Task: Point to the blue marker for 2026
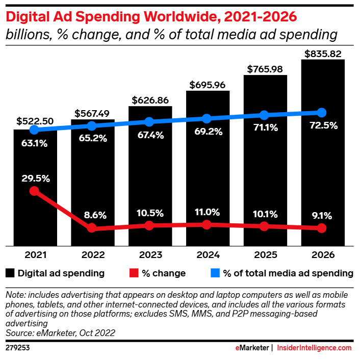[322, 113]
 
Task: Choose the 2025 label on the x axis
[264, 254]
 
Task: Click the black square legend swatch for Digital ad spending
[10, 273]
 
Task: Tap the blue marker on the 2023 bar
[149, 122]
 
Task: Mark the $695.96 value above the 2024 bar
[207, 85]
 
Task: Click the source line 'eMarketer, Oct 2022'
[60, 333]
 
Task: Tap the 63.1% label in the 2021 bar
[35, 143]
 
